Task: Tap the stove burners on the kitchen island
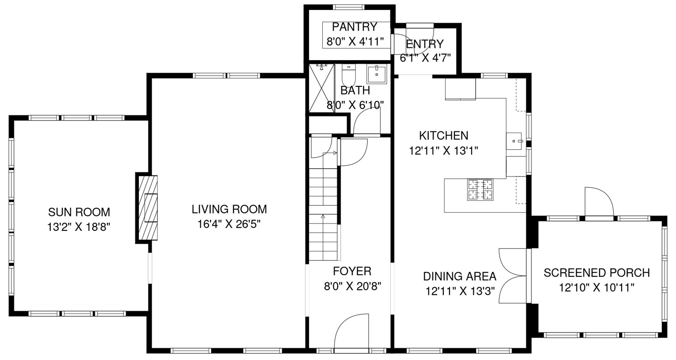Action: tap(480, 190)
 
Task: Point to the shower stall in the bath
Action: tap(322, 88)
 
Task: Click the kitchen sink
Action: tap(514, 141)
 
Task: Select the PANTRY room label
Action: tap(355, 27)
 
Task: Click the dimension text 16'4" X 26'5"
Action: tap(229, 224)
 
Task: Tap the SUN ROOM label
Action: tap(79, 212)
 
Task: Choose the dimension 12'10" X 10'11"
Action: tap(597, 288)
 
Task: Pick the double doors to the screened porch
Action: tap(513, 276)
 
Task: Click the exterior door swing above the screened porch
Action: tap(600, 201)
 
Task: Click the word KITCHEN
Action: tap(444, 136)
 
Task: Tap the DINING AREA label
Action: tap(460, 276)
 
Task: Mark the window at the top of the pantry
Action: tap(349, 7)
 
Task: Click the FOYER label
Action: tap(352, 271)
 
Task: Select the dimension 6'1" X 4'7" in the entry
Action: tap(425, 58)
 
